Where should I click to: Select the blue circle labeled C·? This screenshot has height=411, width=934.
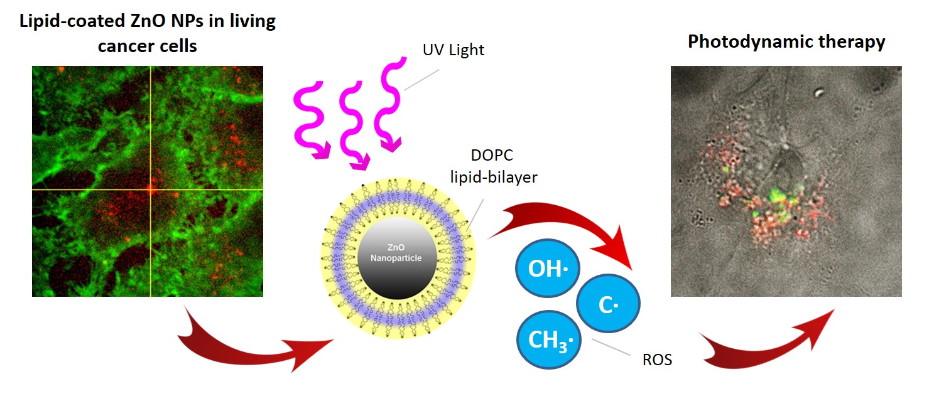click(607, 305)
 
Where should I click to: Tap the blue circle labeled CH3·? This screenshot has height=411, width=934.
click(548, 341)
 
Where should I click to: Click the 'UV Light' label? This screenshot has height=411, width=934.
click(453, 50)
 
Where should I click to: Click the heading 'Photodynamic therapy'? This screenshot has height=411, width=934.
click(786, 41)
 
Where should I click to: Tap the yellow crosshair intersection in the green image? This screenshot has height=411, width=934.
click(151, 189)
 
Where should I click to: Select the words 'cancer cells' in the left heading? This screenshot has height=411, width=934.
click(148, 46)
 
